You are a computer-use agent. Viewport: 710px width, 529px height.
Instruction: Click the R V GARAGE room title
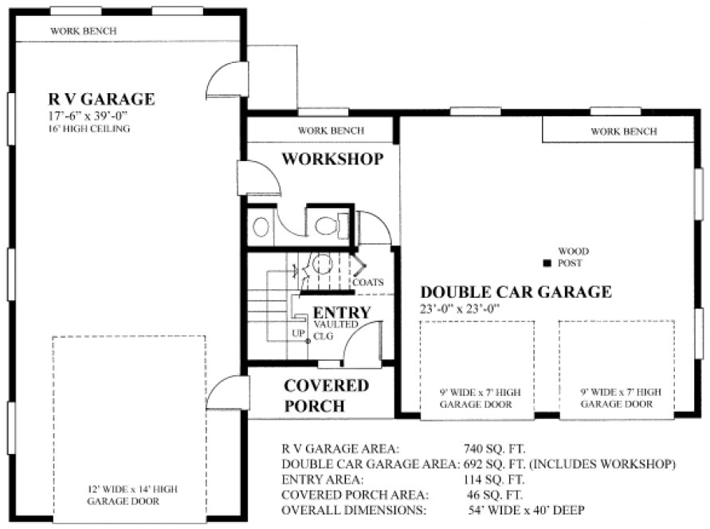[x=101, y=100]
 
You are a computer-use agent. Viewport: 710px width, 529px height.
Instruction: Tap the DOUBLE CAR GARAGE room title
[x=516, y=292]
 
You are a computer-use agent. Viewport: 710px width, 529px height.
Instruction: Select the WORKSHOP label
[x=332, y=159]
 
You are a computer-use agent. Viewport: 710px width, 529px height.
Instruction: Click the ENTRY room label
[x=341, y=312]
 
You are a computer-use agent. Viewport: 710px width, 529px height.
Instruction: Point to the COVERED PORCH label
[x=326, y=396]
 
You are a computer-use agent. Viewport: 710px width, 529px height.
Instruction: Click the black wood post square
[x=547, y=263]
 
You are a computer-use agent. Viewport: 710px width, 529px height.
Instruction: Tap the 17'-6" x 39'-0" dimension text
[x=88, y=116]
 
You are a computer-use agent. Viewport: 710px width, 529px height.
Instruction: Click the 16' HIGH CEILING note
[x=88, y=128]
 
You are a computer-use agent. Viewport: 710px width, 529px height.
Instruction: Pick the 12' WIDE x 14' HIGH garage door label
[x=127, y=496]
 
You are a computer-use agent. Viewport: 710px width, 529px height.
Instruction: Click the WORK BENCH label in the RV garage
[x=84, y=31]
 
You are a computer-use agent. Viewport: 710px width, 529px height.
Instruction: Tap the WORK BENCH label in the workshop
[x=331, y=131]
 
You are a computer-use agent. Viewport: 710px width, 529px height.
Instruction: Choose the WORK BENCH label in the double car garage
[x=624, y=131]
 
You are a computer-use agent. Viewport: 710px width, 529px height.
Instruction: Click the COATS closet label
[x=367, y=282]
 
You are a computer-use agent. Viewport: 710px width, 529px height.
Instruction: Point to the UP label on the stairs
[x=299, y=333]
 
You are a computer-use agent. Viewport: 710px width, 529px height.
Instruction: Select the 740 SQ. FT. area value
[x=494, y=449]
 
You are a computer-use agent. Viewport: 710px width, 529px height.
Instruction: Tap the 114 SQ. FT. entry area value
[x=494, y=480]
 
